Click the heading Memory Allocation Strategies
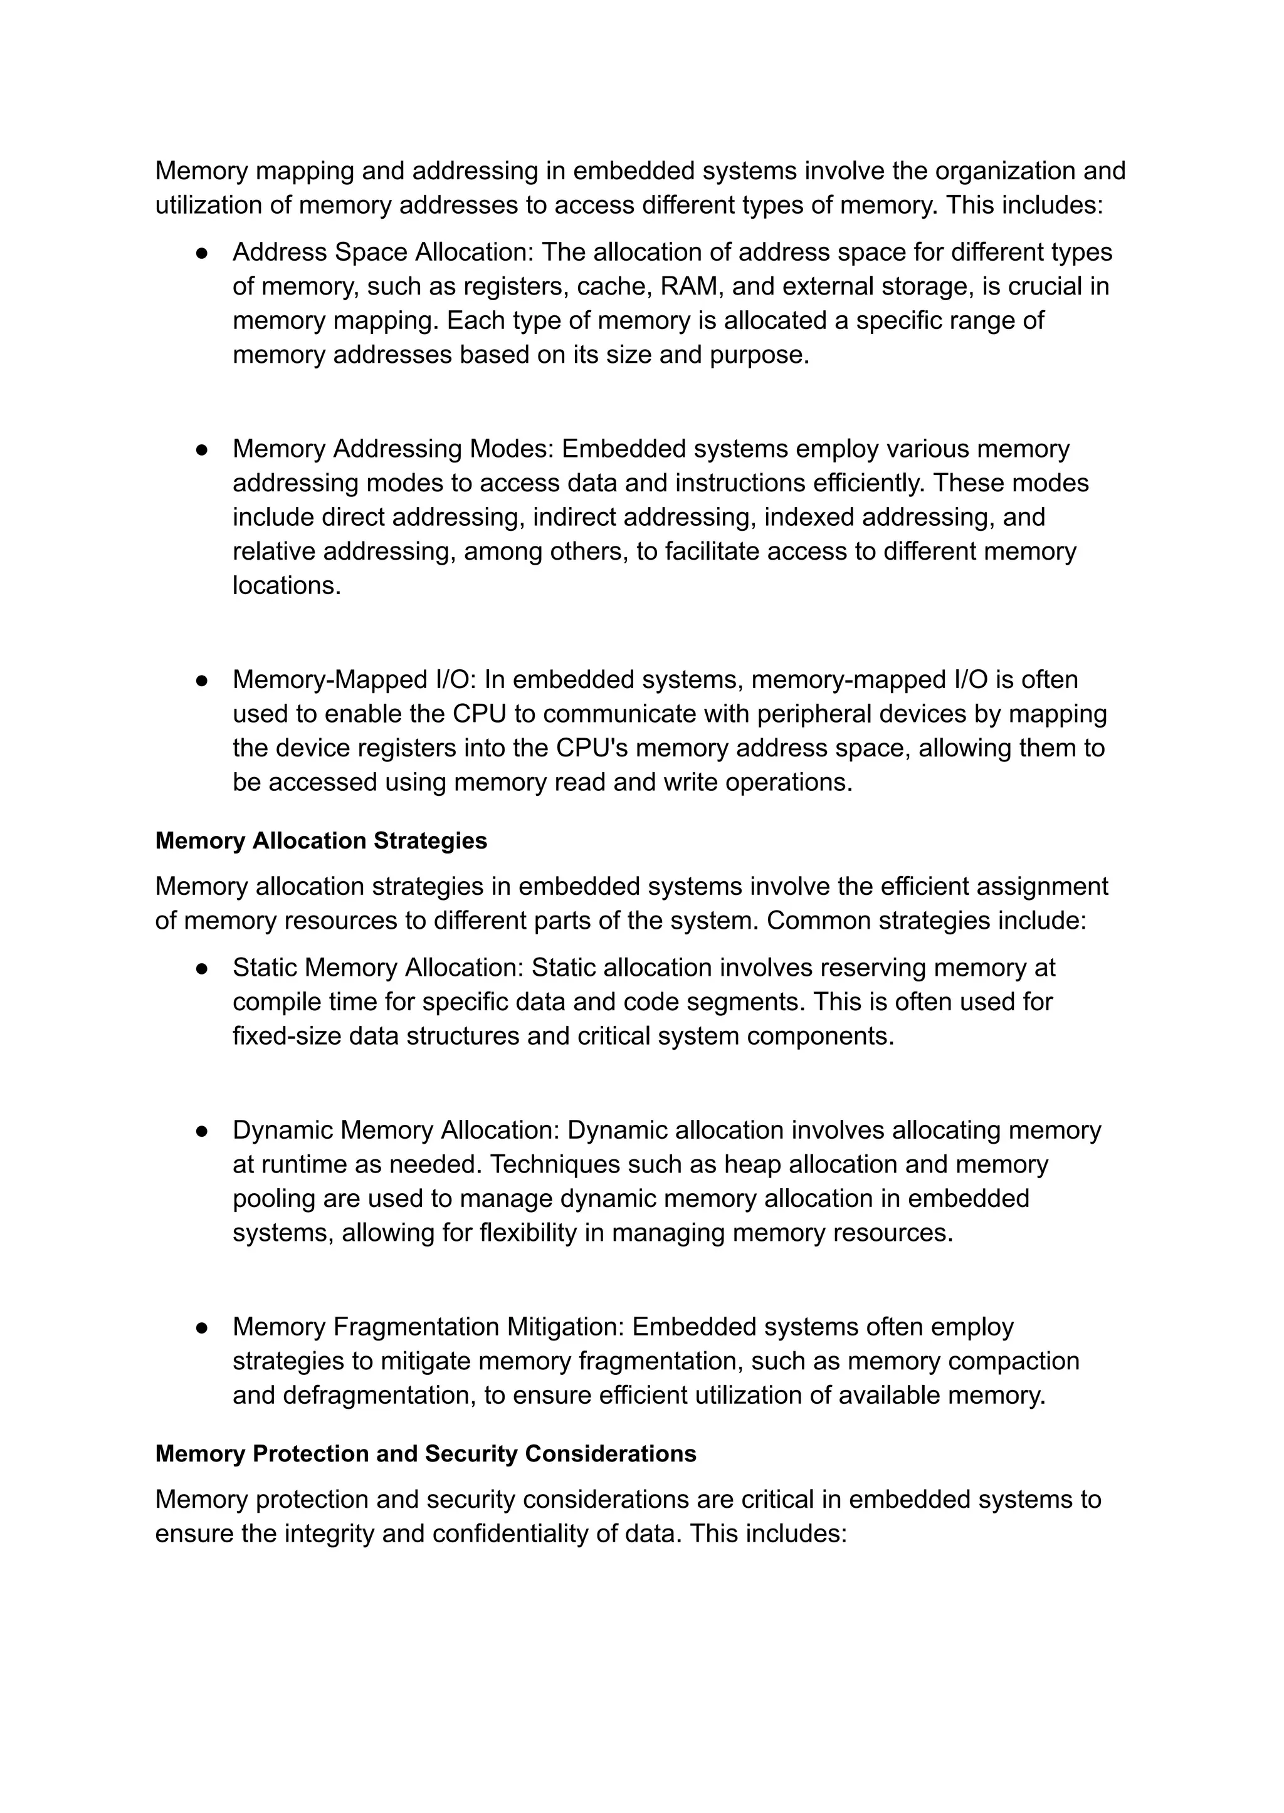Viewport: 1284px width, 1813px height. click(321, 840)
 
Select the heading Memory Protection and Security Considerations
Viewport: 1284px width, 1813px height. click(425, 1453)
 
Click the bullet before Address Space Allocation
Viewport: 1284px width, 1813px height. click(202, 253)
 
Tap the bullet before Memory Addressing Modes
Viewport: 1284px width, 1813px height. click(202, 450)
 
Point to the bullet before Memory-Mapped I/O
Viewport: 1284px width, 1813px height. click(202, 681)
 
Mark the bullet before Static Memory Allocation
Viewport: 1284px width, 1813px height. click(202, 968)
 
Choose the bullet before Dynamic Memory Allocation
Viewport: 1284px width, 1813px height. click(202, 1131)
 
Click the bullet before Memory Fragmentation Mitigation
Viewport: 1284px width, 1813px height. click(202, 1328)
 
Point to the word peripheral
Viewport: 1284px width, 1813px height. click(811, 714)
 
